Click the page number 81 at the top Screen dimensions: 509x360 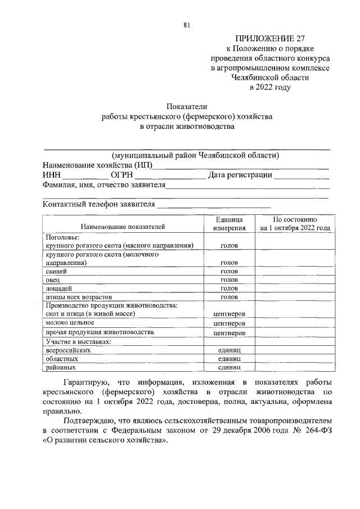pyautogui.click(x=187, y=24)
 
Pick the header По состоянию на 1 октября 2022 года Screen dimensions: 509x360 pyautogui.click(x=295, y=223)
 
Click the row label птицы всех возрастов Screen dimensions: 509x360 pyautogui.click(x=79, y=296)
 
